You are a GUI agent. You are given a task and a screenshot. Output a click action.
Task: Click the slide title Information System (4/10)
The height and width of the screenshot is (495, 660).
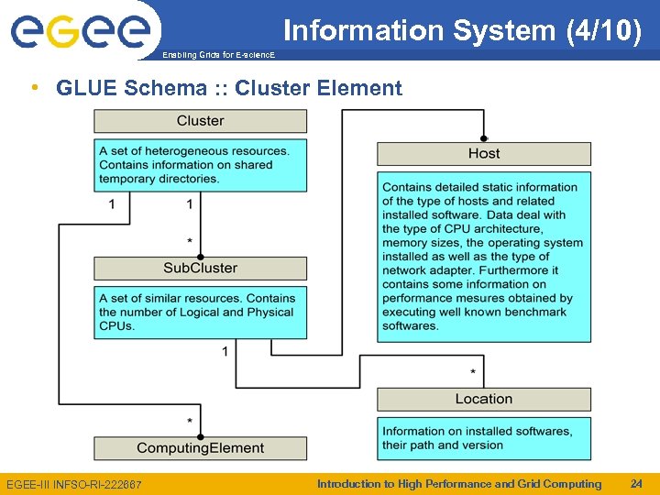[x=462, y=30]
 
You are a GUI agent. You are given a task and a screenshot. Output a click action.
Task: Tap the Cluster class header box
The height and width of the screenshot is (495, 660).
[x=200, y=121]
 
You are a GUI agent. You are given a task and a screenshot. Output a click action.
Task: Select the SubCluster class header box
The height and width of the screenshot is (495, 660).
[x=200, y=269]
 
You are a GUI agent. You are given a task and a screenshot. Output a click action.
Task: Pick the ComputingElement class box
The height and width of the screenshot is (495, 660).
[x=200, y=448]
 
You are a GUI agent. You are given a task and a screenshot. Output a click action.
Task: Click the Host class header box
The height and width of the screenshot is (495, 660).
[x=484, y=154]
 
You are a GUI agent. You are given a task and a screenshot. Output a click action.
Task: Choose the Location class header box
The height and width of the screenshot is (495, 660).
[x=484, y=399]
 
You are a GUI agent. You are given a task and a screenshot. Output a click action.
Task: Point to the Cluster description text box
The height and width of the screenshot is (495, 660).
[x=200, y=165]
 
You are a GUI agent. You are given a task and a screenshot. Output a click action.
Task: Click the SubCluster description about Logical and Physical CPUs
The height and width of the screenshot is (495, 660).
[x=200, y=312]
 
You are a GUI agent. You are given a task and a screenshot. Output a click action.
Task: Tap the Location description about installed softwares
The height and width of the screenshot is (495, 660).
[x=484, y=438]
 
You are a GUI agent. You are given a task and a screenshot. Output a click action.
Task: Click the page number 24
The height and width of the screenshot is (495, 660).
[x=636, y=484]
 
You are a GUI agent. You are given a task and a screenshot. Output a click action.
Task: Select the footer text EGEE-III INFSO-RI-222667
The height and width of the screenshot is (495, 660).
[x=74, y=484]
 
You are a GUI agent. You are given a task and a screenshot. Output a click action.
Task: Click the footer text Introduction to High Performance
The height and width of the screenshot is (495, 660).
[x=458, y=484]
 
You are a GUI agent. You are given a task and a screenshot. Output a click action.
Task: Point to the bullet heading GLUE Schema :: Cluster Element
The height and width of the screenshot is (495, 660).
[x=228, y=88]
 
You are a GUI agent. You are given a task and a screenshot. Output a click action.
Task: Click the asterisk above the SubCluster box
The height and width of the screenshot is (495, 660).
[x=190, y=242]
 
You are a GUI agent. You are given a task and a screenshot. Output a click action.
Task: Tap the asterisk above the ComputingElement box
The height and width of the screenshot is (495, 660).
[x=190, y=422]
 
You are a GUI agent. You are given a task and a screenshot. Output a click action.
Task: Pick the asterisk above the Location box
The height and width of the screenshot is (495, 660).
[x=473, y=372]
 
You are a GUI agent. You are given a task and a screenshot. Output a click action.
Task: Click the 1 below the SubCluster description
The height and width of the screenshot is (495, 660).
[x=225, y=351]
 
